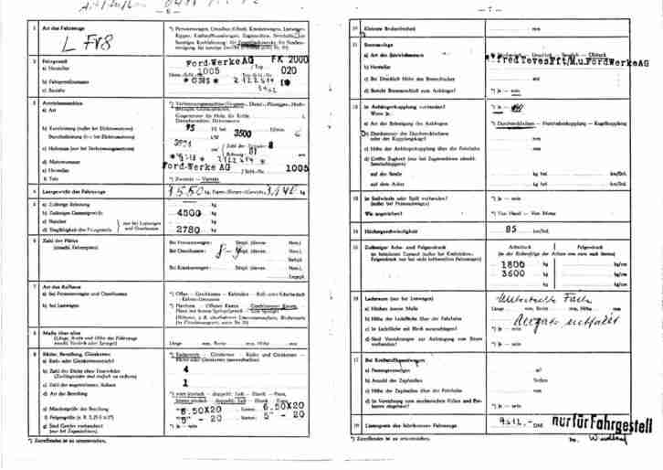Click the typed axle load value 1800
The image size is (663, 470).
(513, 263)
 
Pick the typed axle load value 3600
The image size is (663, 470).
(513, 273)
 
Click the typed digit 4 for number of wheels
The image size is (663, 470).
(186, 369)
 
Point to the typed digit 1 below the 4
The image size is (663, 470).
(185, 383)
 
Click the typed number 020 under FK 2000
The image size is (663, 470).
(289, 69)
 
